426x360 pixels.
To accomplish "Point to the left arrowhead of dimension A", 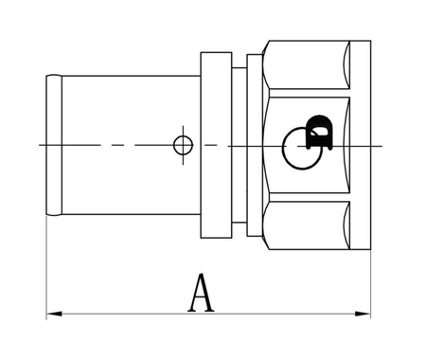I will tap(53, 313).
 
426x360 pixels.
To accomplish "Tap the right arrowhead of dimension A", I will tap(364, 313).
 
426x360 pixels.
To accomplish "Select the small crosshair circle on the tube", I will tap(183, 145).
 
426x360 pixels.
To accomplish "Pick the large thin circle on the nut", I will tap(302, 149).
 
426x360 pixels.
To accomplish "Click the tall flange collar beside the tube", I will tap(213, 145).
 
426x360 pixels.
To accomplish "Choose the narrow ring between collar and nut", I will tap(255, 145).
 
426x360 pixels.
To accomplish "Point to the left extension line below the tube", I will tap(47, 275).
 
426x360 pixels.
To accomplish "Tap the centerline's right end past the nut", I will tap(379, 145).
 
